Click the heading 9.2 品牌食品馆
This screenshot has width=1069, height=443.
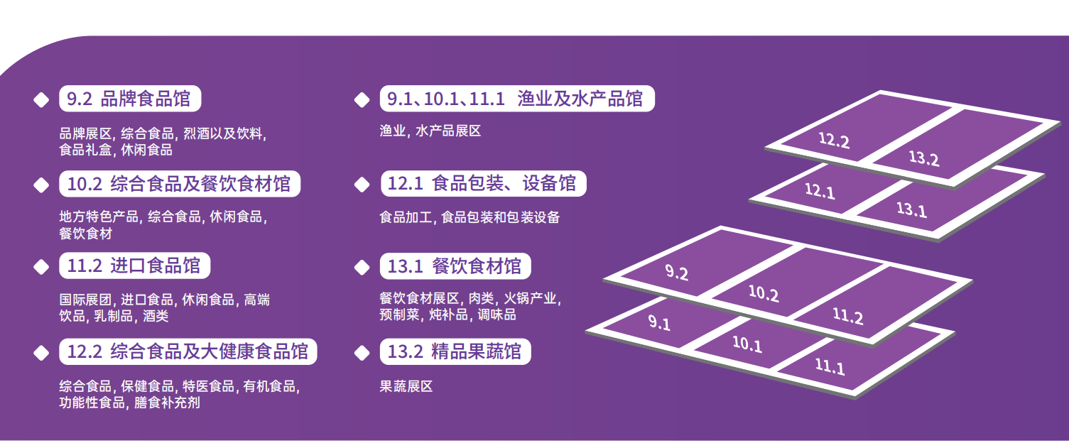(129, 99)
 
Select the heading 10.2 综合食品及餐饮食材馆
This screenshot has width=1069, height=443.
(179, 185)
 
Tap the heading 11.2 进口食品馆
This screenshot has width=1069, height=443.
(134, 267)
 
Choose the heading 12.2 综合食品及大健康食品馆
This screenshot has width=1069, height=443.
(188, 351)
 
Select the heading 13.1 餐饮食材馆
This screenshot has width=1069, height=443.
(455, 267)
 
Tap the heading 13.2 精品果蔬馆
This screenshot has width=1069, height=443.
(455, 351)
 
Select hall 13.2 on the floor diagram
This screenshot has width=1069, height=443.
(924, 158)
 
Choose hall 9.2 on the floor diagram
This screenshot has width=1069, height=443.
(676, 272)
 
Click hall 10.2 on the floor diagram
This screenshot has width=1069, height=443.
(764, 292)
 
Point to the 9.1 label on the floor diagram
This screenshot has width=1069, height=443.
(659, 324)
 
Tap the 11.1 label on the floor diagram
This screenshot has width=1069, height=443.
(830, 366)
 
